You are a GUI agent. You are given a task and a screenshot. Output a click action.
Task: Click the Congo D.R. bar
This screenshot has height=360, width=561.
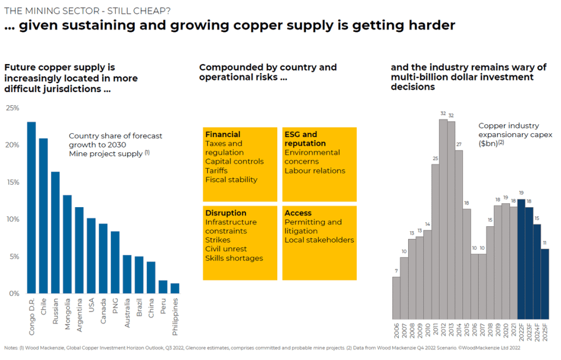pyautogui.click(x=31, y=208)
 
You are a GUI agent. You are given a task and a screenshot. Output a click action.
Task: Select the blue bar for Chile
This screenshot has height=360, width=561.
pyautogui.click(x=43, y=216)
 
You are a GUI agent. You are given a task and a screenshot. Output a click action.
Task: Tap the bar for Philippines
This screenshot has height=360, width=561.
pyautogui.click(x=175, y=288)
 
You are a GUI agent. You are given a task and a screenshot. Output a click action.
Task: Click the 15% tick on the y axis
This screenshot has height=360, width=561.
pyautogui.click(x=12, y=182)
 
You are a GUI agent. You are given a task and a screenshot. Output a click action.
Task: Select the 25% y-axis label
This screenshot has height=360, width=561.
pyautogui.click(x=12, y=108)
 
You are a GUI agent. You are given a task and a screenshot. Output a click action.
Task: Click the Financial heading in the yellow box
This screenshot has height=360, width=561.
pyautogui.click(x=222, y=134)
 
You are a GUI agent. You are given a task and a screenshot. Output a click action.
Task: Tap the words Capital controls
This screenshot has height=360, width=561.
pyautogui.click(x=234, y=161)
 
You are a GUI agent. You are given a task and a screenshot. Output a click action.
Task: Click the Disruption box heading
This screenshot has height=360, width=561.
pyautogui.click(x=226, y=213)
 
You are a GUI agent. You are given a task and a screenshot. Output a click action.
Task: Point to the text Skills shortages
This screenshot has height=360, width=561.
pyautogui.click(x=234, y=258)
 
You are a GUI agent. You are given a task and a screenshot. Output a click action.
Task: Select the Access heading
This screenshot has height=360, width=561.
pyautogui.click(x=297, y=213)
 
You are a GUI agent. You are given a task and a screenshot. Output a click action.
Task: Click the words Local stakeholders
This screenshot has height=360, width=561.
pyautogui.click(x=319, y=239)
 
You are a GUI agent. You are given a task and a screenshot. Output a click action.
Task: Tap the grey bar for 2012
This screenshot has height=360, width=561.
pyautogui.click(x=443, y=219)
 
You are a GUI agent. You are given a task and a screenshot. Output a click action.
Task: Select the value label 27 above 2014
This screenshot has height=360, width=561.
pyautogui.click(x=459, y=145)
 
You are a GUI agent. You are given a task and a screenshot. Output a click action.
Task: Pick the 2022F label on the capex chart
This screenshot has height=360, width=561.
pyautogui.click(x=522, y=332)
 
